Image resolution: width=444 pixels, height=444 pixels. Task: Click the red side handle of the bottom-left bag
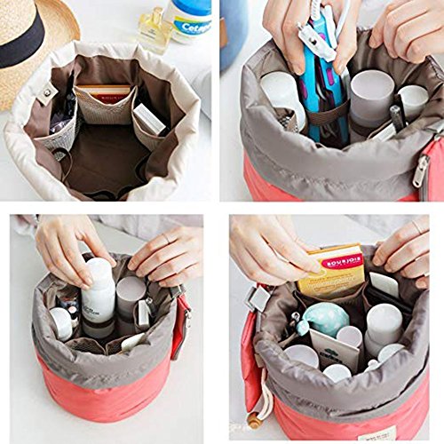point(183,325)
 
